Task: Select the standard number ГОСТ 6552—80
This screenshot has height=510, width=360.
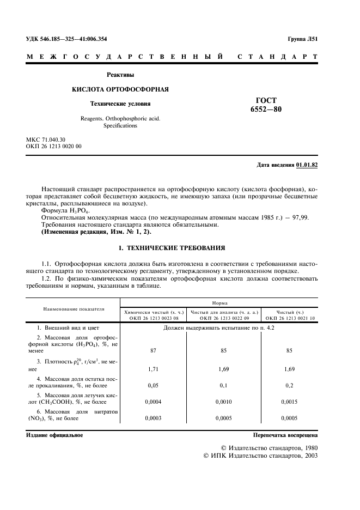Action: point(266,105)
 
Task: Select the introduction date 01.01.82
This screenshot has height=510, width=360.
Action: point(307,165)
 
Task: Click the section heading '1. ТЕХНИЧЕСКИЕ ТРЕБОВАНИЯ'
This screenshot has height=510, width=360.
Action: point(172,248)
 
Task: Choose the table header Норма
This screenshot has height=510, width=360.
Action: point(221,302)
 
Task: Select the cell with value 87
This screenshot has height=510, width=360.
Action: point(153,351)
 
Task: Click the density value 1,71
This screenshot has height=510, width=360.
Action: point(153,369)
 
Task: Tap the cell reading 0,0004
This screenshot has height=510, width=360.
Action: point(153,403)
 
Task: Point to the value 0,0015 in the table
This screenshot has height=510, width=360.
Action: point(289,403)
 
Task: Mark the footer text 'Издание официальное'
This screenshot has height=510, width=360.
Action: point(54,435)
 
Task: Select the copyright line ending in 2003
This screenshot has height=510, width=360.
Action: point(260,456)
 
